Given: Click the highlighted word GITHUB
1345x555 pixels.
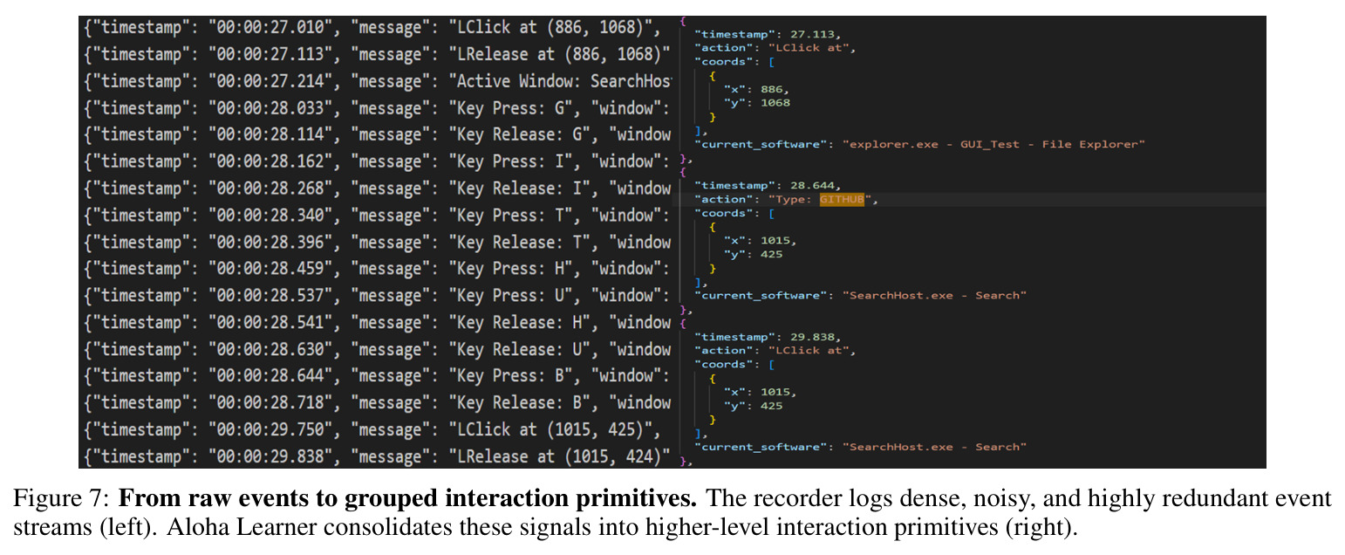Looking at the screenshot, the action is (x=842, y=200).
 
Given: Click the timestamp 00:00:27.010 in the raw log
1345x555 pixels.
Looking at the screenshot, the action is (x=270, y=28).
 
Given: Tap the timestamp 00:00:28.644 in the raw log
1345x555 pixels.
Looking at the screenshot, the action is (x=270, y=376).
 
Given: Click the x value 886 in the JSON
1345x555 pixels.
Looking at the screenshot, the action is (x=772, y=90).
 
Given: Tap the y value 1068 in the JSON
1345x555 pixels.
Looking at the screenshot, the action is (x=775, y=103).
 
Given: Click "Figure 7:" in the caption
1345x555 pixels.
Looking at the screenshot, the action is (x=61, y=498).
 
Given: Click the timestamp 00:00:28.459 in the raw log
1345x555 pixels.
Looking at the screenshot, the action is (x=270, y=269).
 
